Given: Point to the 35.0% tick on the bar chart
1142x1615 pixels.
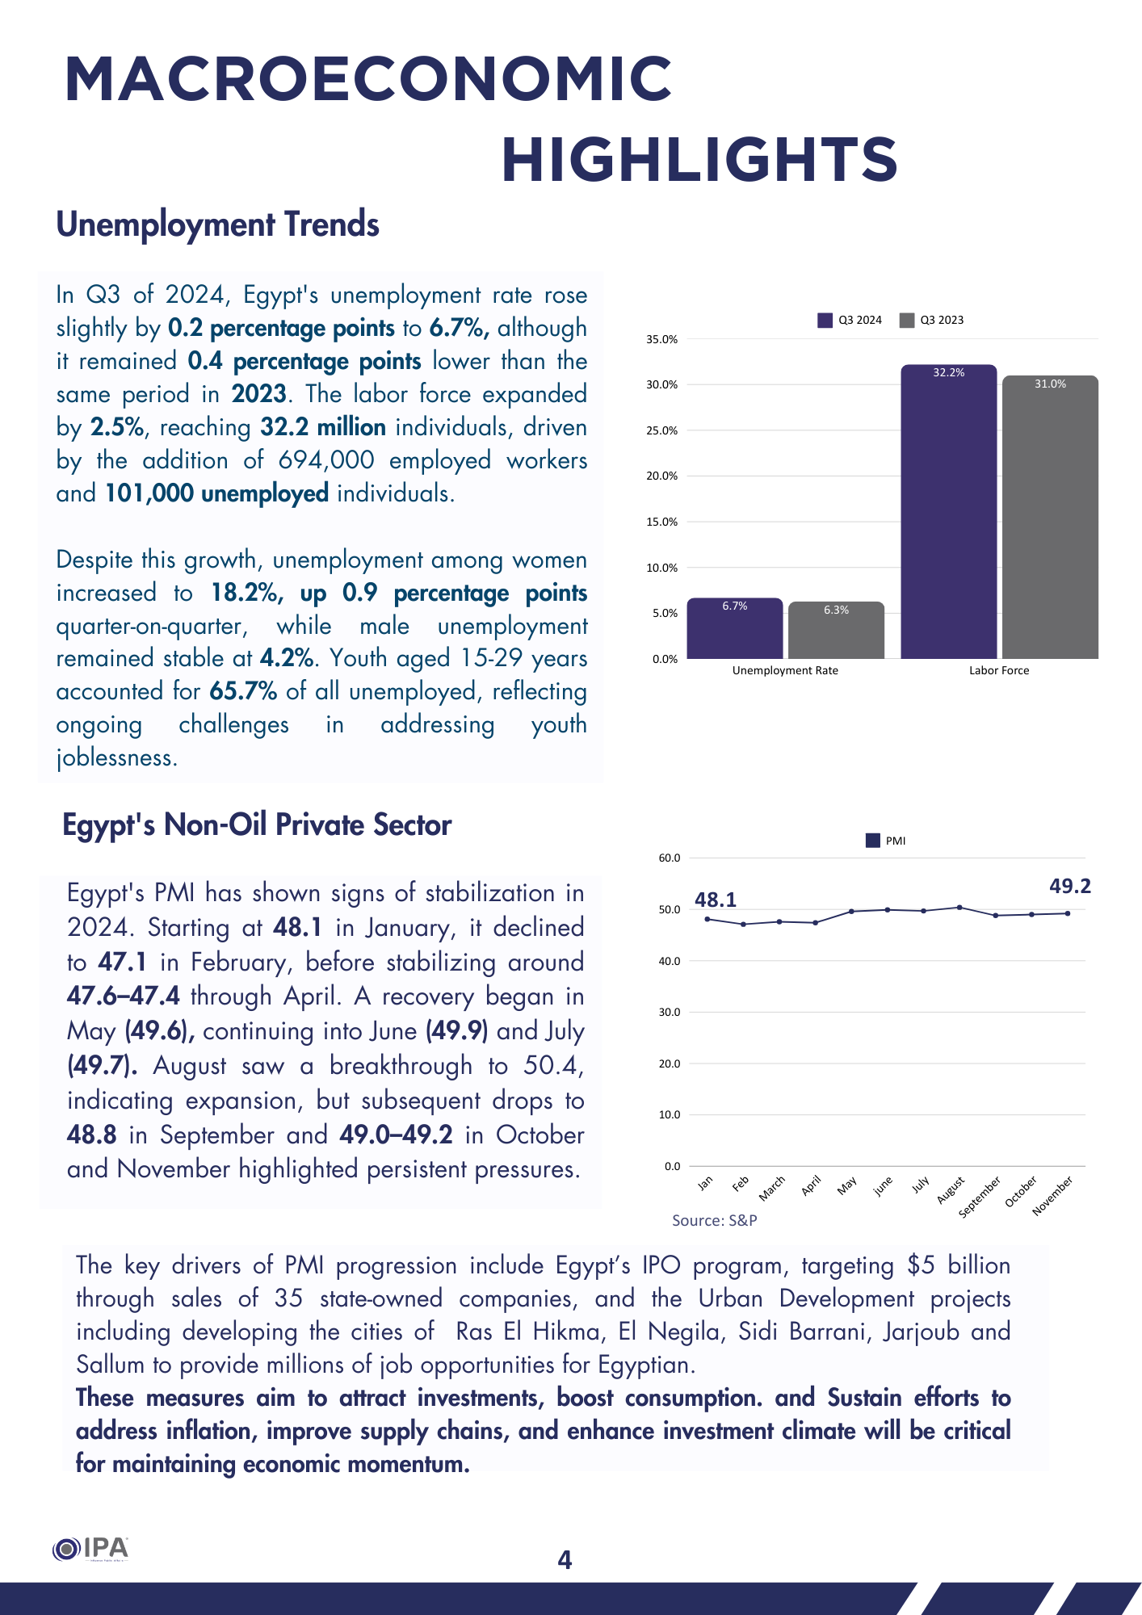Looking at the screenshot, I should click(661, 340).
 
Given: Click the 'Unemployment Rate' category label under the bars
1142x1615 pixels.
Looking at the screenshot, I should click(785, 671).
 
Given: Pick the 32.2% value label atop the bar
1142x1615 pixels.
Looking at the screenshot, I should click(949, 373).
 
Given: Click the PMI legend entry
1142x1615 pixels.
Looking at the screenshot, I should click(886, 841).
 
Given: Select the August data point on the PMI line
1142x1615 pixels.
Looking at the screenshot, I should click(959, 908).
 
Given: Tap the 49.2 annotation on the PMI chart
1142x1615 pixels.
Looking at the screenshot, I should click(1069, 887).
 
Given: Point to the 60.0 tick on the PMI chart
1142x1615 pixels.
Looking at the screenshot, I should click(670, 858).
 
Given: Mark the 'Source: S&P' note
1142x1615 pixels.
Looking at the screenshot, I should click(714, 1221).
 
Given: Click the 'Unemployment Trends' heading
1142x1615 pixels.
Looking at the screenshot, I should click(217, 224).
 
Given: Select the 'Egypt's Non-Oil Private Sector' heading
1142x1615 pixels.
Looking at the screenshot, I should click(257, 825).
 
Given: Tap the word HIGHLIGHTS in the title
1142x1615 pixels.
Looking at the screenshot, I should click(699, 159).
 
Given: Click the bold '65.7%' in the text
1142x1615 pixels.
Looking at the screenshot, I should click(243, 692).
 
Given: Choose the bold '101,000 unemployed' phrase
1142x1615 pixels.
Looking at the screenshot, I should click(216, 493).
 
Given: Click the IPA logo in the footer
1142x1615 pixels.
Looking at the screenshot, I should click(90, 1549).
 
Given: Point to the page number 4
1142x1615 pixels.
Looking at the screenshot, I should click(565, 1560).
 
